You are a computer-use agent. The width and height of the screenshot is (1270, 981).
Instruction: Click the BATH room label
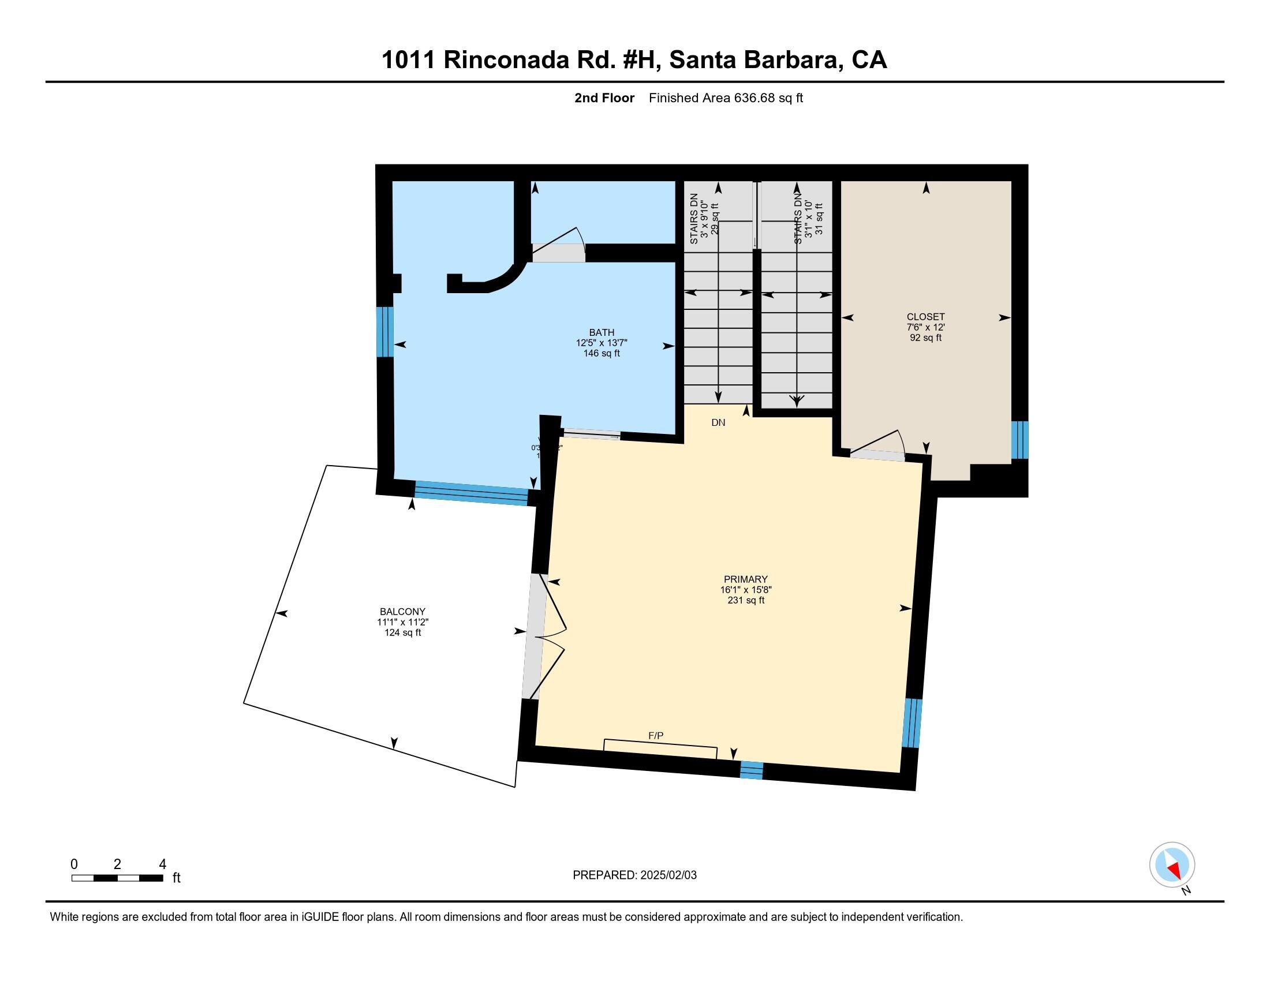pyautogui.click(x=602, y=332)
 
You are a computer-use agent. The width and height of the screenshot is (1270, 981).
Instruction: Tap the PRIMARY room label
pyautogui.click(x=745, y=579)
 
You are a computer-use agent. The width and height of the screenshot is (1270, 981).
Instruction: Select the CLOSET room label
pyautogui.click(x=925, y=317)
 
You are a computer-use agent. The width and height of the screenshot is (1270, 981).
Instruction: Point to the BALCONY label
pyautogui.click(x=402, y=611)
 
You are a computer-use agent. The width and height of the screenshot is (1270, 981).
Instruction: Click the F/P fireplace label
pyautogui.click(x=656, y=736)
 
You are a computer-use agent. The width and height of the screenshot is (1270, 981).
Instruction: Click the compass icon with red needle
pyautogui.click(x=1172, y=865)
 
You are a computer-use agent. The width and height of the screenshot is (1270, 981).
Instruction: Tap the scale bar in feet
pyautogui.click(x=117, y=878)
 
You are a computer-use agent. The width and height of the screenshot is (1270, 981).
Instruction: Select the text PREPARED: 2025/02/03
pyautogui.click(x=634, y=875)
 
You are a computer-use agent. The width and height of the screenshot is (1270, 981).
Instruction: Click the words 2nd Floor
pyautogui.click(x=604, y=98)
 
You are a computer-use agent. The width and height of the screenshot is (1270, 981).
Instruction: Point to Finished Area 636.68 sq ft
pyautogui.click(x=726, y=98)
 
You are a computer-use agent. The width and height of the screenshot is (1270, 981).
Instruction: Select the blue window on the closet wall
pyautogui.click(x=1019, y=440)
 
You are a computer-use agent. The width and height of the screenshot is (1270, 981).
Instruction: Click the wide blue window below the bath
pyautogui.click(x=471, y=493)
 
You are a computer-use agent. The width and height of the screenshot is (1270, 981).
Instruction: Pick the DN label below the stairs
pyautogui.click(x=718, y=422)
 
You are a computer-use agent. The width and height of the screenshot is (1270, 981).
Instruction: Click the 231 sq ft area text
pyautogui.click(x=745, y=600)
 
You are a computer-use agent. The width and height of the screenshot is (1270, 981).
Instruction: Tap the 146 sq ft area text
pyautogui.click(x=602, y=353)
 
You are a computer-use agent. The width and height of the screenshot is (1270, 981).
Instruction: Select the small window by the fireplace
pyautogui.click(x=750, y=770)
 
